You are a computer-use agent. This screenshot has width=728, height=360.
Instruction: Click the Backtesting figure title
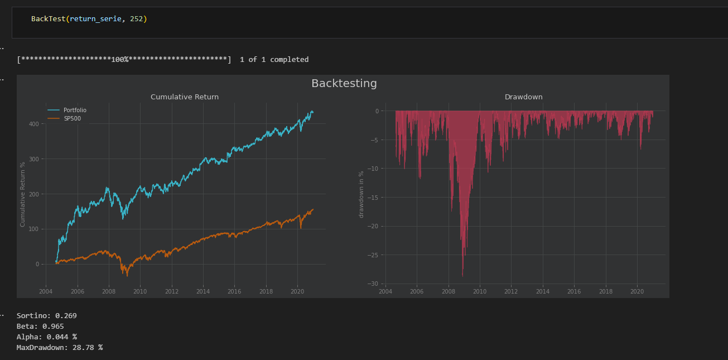[x=344, y=84]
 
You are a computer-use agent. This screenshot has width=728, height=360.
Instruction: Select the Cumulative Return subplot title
[x=185, y=97]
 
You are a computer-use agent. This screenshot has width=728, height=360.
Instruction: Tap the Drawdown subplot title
[x=523, y=97]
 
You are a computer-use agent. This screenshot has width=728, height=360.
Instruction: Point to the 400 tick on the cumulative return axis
[x=34, y=124]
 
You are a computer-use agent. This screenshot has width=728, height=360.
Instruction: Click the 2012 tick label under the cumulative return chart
[x=172, y=291]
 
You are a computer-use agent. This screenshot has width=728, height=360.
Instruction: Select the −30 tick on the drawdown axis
[x=373, y=284]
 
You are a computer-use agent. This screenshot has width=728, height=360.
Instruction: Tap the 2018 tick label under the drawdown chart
[x=605, y=291]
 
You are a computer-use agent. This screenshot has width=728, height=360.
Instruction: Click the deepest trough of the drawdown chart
[x=462, y=276]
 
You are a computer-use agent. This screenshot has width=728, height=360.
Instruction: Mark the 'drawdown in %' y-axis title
[x=361, y=194]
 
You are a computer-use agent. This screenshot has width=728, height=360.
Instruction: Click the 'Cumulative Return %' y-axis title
[x=22, y=194]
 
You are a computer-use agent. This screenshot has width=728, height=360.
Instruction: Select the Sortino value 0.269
[x=66, y=316]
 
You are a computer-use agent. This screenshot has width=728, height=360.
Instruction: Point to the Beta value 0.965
[x=53, y=327]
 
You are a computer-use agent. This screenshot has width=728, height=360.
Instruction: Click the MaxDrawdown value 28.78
[x=83, y=348]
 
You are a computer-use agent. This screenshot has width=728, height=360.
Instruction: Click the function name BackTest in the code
[x=49, y=19]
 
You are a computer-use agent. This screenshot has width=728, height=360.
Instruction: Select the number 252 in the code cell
[x=137, y=19]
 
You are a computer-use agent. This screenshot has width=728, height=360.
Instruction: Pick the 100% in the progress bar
[x=120, y=60]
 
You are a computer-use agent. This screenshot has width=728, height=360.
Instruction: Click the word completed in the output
[x=290, y=60]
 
